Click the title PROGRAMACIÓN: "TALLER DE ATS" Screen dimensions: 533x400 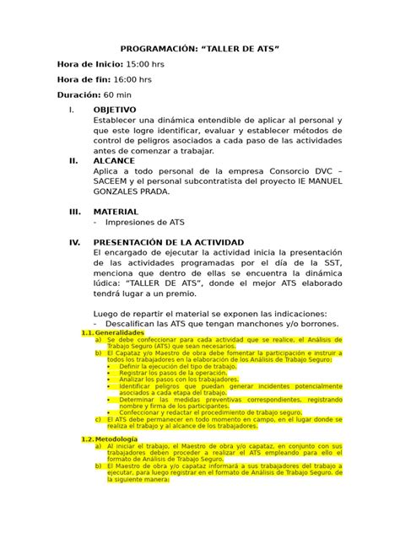point(199,50)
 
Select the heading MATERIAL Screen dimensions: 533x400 point(116,212)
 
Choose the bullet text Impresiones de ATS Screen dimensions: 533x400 point(143,223)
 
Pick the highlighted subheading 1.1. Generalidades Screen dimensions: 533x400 point(113,333)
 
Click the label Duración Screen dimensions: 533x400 point(78,95)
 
